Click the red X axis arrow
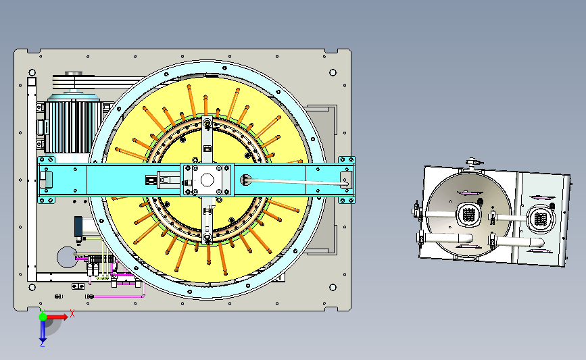56,317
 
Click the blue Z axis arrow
43,331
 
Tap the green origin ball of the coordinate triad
43,317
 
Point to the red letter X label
72,314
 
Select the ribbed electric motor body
73,126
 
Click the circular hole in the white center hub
207,180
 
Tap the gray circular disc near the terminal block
67,257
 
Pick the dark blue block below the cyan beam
78,226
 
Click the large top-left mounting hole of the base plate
32,72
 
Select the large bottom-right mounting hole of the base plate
333,287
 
